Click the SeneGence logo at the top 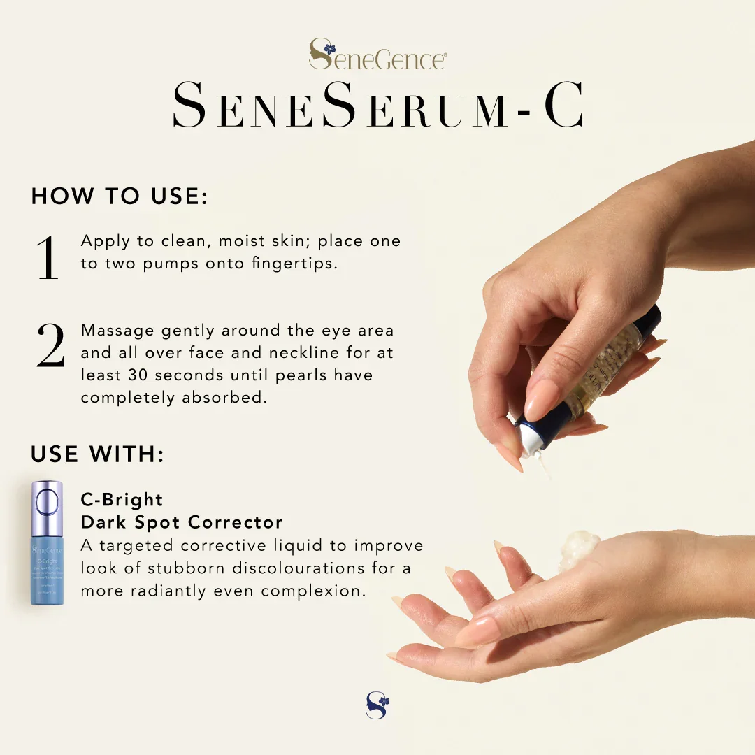coord(377,55)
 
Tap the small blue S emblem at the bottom coord(377,705)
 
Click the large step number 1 coord(48,257)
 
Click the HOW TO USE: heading coord(120,196)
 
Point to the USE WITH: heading coord(97,455)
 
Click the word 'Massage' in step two coord(117,331)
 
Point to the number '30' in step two coord(138,375)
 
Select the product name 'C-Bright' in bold coord(122,500)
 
